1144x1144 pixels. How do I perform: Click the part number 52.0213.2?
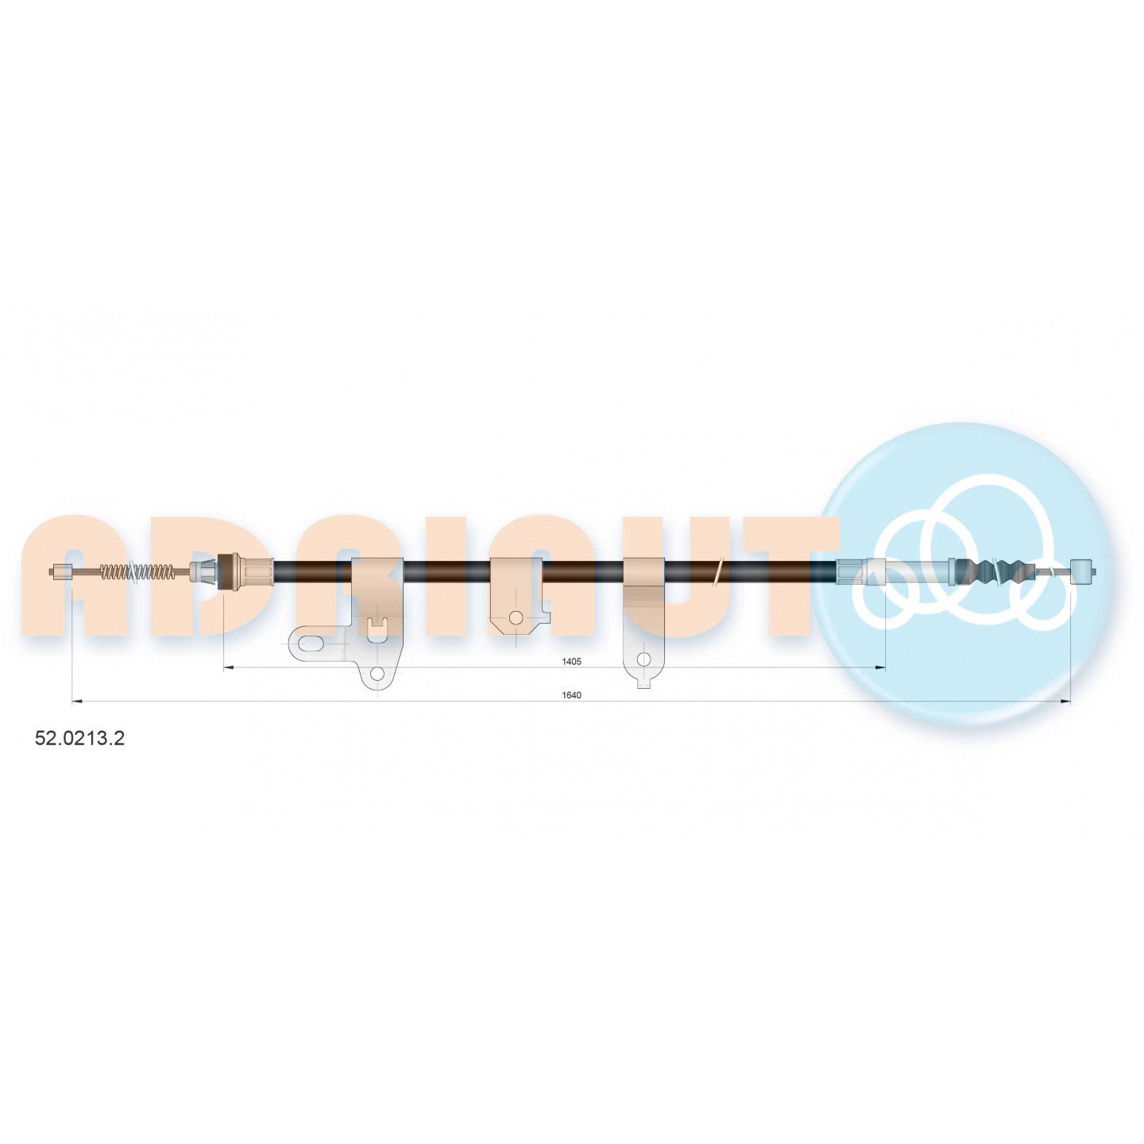point(79,738)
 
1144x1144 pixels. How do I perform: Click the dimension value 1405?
point(571,661)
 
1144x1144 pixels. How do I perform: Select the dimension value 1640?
point(571,695)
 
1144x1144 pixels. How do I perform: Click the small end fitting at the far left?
point(61,572)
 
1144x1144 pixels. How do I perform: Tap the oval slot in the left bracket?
point(312,643)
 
